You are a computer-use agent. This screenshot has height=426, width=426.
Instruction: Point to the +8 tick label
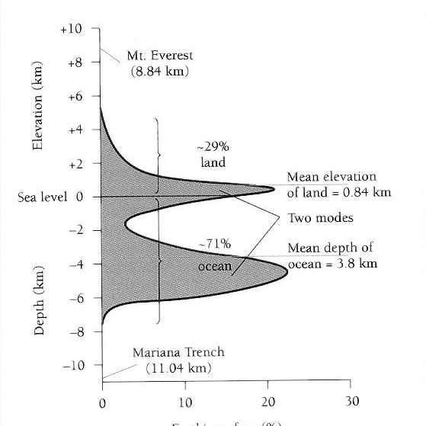(74, 62)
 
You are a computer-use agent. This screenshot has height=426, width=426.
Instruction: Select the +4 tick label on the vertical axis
(74, 130)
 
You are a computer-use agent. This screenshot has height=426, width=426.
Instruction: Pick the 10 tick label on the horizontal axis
(185, 402)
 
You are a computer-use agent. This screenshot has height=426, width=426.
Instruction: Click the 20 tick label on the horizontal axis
(267, 402)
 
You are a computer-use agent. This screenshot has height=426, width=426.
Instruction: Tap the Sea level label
(43, 197)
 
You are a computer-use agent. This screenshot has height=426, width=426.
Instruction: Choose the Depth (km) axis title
(40, 301)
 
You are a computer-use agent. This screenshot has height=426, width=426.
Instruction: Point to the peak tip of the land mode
(274, 188)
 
